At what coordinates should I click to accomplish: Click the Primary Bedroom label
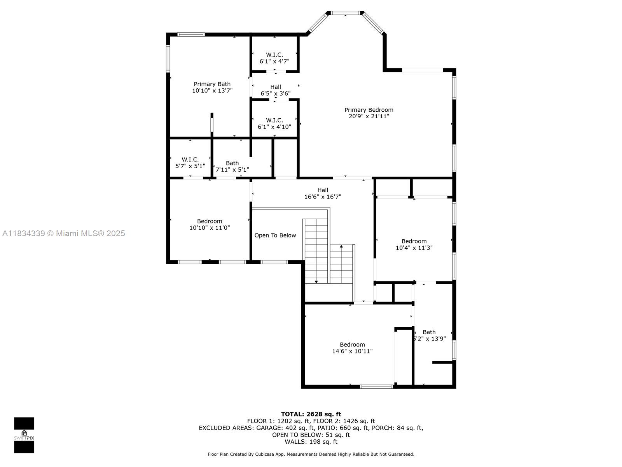[369, 110]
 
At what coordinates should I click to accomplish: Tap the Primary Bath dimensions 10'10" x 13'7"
[212, 91]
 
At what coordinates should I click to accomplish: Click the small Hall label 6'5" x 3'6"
[275, 90]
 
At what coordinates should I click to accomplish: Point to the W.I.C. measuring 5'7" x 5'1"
[190, 163]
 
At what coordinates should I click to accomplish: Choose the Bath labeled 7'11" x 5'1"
[232, 166]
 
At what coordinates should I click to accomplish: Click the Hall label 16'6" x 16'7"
[323, 193]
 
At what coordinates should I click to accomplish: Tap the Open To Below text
[275, 235]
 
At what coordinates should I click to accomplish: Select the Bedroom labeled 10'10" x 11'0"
[210, 225]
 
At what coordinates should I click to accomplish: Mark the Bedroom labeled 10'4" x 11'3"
[414, 244]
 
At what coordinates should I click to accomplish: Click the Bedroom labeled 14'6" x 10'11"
[352, 348]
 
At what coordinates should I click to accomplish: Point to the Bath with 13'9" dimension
[429, 335]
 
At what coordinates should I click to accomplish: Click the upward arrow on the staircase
[341, 246]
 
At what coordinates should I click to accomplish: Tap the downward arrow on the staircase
[316, 281]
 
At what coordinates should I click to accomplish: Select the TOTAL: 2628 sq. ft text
[311, 414]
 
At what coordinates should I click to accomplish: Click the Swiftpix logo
[24, 435]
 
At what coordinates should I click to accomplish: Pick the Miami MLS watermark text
[63, 233]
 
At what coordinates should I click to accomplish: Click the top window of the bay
[345, 13]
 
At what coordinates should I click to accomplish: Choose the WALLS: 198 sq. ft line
[311, 442]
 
